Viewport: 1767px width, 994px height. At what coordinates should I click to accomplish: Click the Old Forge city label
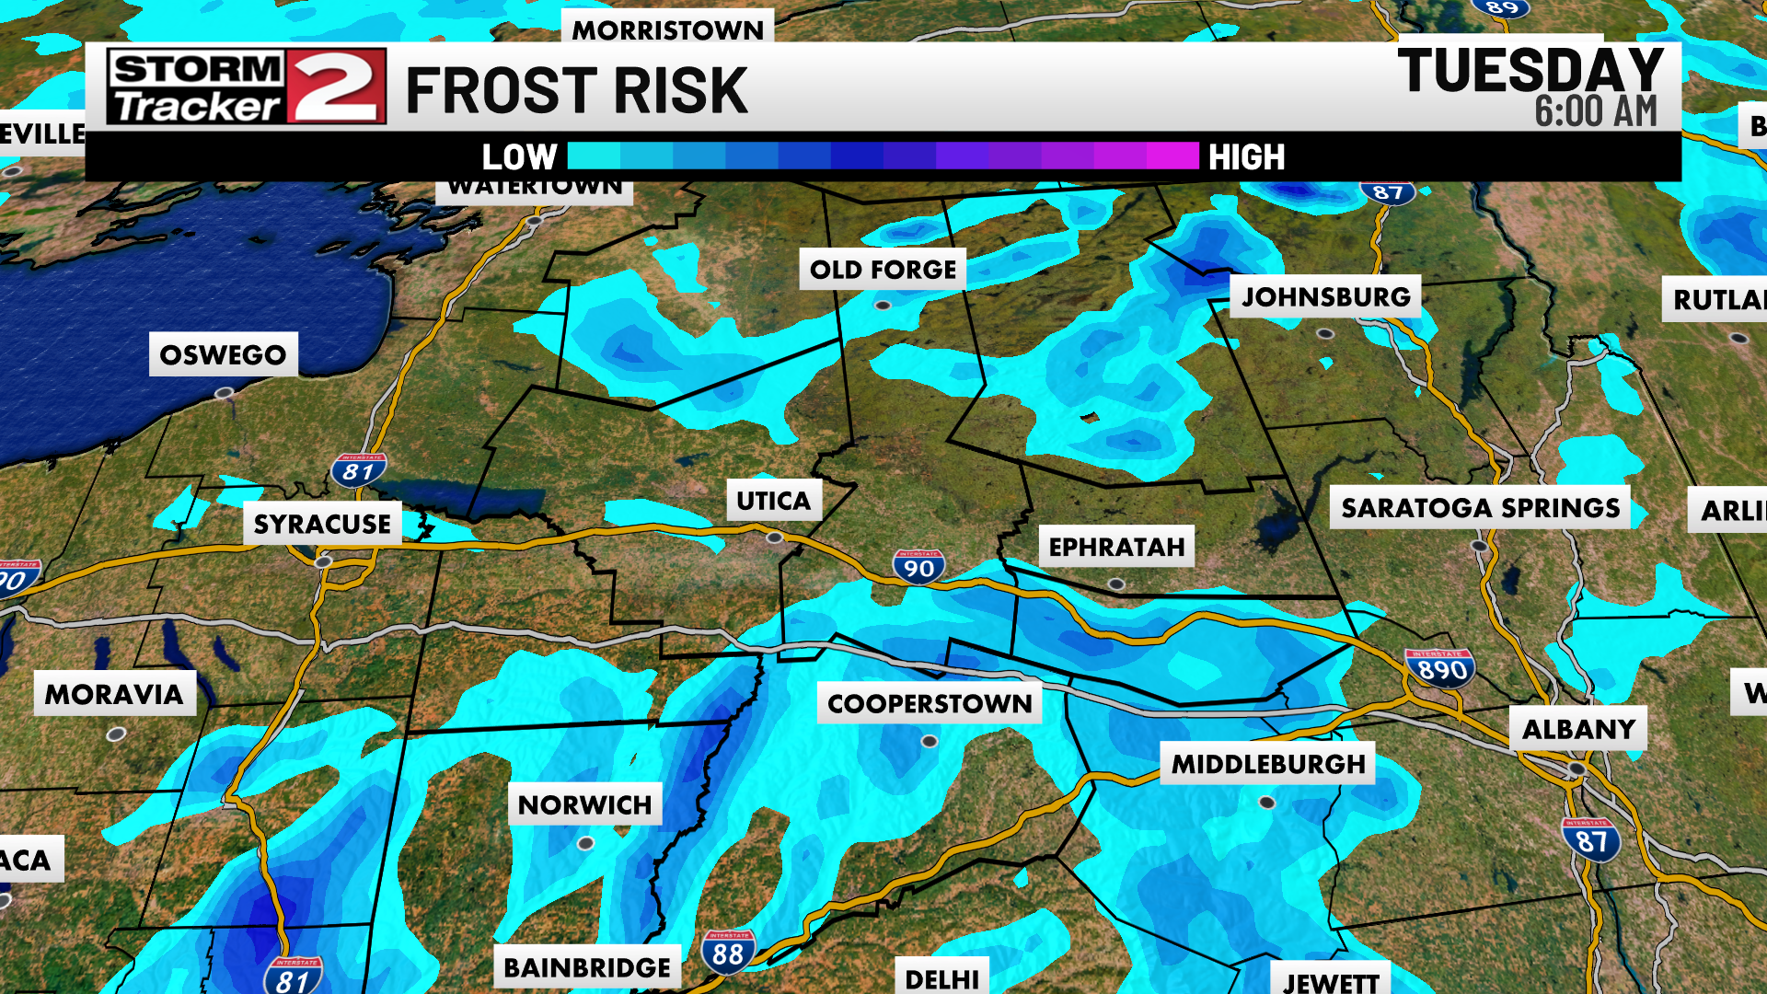tap(883, 270)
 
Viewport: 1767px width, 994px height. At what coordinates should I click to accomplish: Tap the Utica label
tap(773, 501)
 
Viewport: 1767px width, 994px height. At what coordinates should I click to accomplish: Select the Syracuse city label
tap(322, 524)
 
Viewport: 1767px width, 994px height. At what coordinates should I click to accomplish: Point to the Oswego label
tap(223, 355)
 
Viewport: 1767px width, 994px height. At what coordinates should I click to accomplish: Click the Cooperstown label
tap(930, 704)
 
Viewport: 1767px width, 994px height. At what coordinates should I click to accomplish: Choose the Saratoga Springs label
tap(1480, 508)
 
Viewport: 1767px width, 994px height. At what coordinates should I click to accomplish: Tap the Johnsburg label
tap(1325, 296)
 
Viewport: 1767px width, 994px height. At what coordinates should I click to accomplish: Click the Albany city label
tap(1578, 730)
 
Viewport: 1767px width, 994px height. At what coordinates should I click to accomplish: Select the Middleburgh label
tap(1268, 764)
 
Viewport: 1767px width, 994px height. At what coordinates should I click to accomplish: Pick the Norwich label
tap(585, 805)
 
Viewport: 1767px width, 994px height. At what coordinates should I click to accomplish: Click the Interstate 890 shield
tap(1440, 668)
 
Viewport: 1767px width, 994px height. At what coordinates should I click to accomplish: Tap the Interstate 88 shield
tap(728, 953)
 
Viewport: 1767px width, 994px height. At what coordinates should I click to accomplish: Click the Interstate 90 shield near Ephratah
tap(918, 567)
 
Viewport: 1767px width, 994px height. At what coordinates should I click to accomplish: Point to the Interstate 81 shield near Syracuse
tap(358, 470)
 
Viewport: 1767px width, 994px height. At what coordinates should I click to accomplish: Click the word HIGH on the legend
tap(1246, 157)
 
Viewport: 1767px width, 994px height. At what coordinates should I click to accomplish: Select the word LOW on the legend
tap(519, 157)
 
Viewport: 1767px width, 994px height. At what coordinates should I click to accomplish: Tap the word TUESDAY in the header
tap(1530, 71)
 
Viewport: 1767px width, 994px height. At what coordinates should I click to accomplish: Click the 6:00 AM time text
tap(1595, 112)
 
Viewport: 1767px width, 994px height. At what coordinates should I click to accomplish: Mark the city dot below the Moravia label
tap(116, 734)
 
